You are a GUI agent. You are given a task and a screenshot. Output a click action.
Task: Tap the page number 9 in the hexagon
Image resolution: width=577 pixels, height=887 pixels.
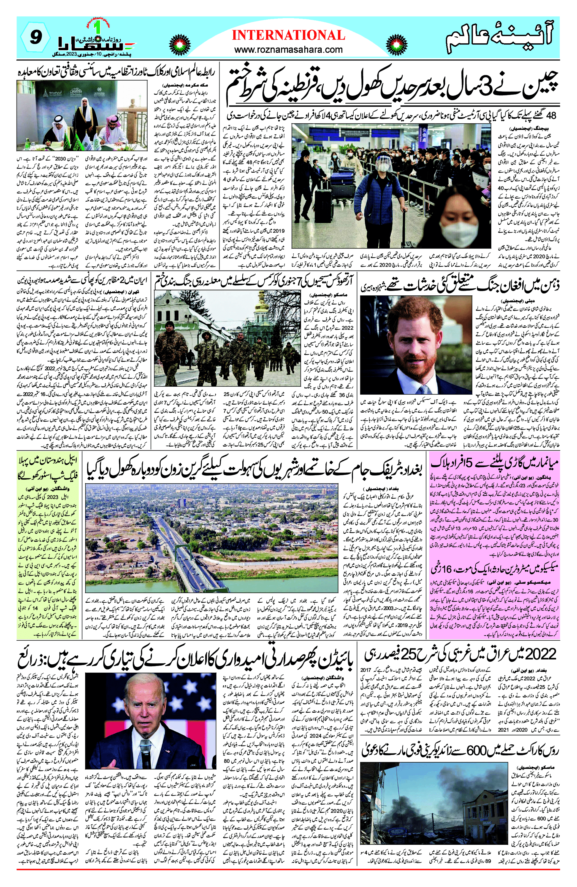pos(35,38)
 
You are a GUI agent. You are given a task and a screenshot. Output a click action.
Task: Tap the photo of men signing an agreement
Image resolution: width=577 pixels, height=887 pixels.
pos(82,115)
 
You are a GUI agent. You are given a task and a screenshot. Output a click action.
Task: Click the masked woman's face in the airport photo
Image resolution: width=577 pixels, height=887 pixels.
pos(458,224)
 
